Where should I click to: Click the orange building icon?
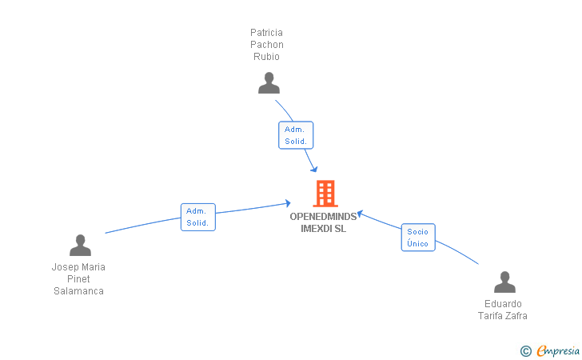click(325, 194)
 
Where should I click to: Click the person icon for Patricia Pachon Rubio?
click(269, 83)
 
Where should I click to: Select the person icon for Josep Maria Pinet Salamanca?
click(80, 245)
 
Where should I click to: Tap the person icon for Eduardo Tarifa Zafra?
click(504, 282)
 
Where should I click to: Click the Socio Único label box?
click(417, 238)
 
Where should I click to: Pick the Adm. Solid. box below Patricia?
click(295, 135)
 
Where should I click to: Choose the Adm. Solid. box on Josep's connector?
click(197, 217)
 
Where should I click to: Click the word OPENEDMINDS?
click(323, 217)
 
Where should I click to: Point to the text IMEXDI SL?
click(323, 229)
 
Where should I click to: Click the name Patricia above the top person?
click(266, 33)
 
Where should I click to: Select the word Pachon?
click(266, 45)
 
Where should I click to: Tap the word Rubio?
click(266, 57)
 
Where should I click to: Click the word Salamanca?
click(78, 291)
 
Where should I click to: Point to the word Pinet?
click(78, 279)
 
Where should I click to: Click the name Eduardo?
click(503, 304)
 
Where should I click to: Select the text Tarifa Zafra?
click(503, 316)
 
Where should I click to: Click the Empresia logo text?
click(559, 350)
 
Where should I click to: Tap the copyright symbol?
click(525, 350)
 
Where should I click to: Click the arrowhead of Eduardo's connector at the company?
click(359, 213)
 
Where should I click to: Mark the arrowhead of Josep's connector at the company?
click(289, 203)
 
